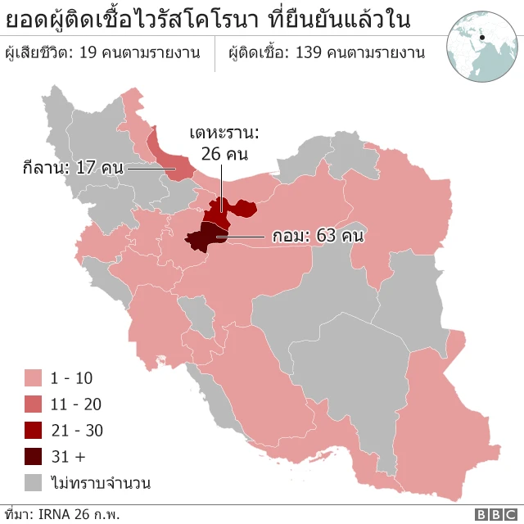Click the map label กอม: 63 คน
click(x=317, y=237)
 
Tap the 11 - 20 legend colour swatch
click(x=34, y=404)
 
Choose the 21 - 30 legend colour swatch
click(x=34, y=430)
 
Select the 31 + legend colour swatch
click(x=34, y=456)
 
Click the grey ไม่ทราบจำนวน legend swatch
click(x=34, y=482)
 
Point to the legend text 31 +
click(x=67, y=456)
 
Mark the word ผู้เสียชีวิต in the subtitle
click(x=36, y=53)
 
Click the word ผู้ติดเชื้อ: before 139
click(x=259, y=53)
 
